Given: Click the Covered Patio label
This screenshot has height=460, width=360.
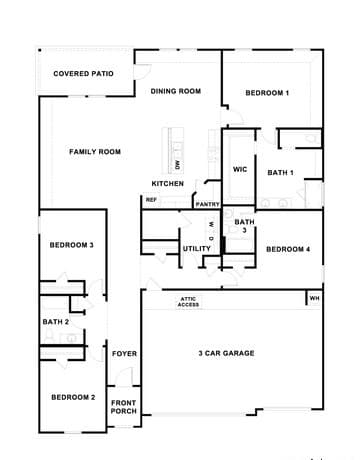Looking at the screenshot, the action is coord(83,74).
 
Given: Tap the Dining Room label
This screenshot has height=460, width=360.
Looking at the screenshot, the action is coord(176,91).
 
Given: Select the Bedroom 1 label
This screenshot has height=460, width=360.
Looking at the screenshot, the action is coord(267,93).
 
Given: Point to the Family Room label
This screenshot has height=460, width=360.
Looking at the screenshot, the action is coord(95,152).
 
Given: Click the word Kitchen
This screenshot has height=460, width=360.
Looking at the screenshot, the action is coord(168,184).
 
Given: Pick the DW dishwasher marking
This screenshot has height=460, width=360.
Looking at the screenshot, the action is coord(178,165).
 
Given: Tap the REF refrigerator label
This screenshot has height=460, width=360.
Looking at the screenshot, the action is coord(151,200).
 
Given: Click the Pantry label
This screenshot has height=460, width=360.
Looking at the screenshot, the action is coord(207,204).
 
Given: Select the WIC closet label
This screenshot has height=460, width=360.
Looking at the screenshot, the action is coord(240,169).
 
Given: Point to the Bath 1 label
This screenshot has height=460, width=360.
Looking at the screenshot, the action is coord(280,173).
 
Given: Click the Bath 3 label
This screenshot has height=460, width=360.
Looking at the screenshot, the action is coord(244,226).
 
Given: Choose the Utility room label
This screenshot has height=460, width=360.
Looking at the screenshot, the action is coord(197,249).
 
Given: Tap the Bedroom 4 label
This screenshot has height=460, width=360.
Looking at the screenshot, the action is coord(288,249).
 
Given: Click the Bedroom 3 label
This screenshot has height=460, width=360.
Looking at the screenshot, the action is coord(72,245).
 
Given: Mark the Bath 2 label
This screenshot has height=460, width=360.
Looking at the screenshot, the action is coord(56,322).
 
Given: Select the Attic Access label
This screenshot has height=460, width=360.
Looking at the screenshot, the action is coord(188,302).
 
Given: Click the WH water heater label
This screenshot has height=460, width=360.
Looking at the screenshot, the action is coord(314,298).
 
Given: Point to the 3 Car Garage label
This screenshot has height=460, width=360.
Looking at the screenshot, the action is coord(226,353).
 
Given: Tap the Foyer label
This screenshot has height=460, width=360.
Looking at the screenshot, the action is coord(124,354).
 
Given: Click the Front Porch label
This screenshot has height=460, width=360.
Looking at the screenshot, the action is coord(124,407).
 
